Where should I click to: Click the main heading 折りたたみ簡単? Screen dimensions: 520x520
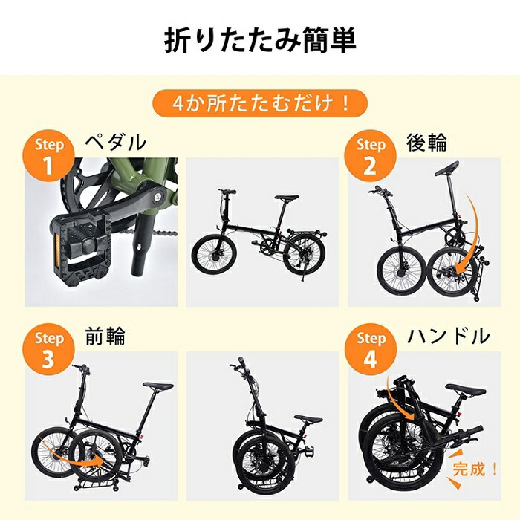coord(259,41)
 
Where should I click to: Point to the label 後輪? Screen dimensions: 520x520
coord(426,142)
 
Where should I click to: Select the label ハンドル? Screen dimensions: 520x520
coord(448,337)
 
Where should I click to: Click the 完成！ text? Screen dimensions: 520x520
coord(473,469)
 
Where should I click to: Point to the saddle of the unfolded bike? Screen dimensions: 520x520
coord(286,198)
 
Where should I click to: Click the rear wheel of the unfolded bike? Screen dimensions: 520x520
coord(305,256)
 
